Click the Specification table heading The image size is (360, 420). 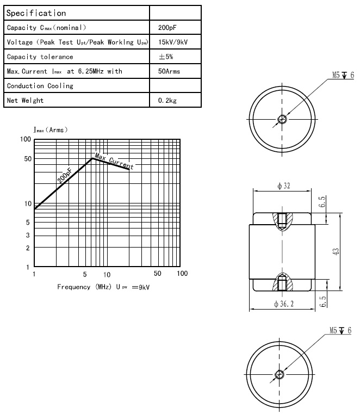[x=36, y=13]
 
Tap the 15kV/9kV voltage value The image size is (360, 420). [x=173, y=42]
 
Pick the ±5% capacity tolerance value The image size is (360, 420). [x=166, y=57]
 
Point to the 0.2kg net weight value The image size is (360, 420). [x=167, y=101]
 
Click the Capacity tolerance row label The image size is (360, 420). [x=40, y=57]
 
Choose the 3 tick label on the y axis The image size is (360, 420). [x=27, y=235]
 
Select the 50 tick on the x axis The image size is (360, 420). [x=158, y=274]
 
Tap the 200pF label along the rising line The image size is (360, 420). [x=64, y=175]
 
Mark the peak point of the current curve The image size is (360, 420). [x=93, y=157]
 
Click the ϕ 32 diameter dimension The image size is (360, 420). [x=283, y=186]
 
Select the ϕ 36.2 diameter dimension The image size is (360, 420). [x=283, y=304]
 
